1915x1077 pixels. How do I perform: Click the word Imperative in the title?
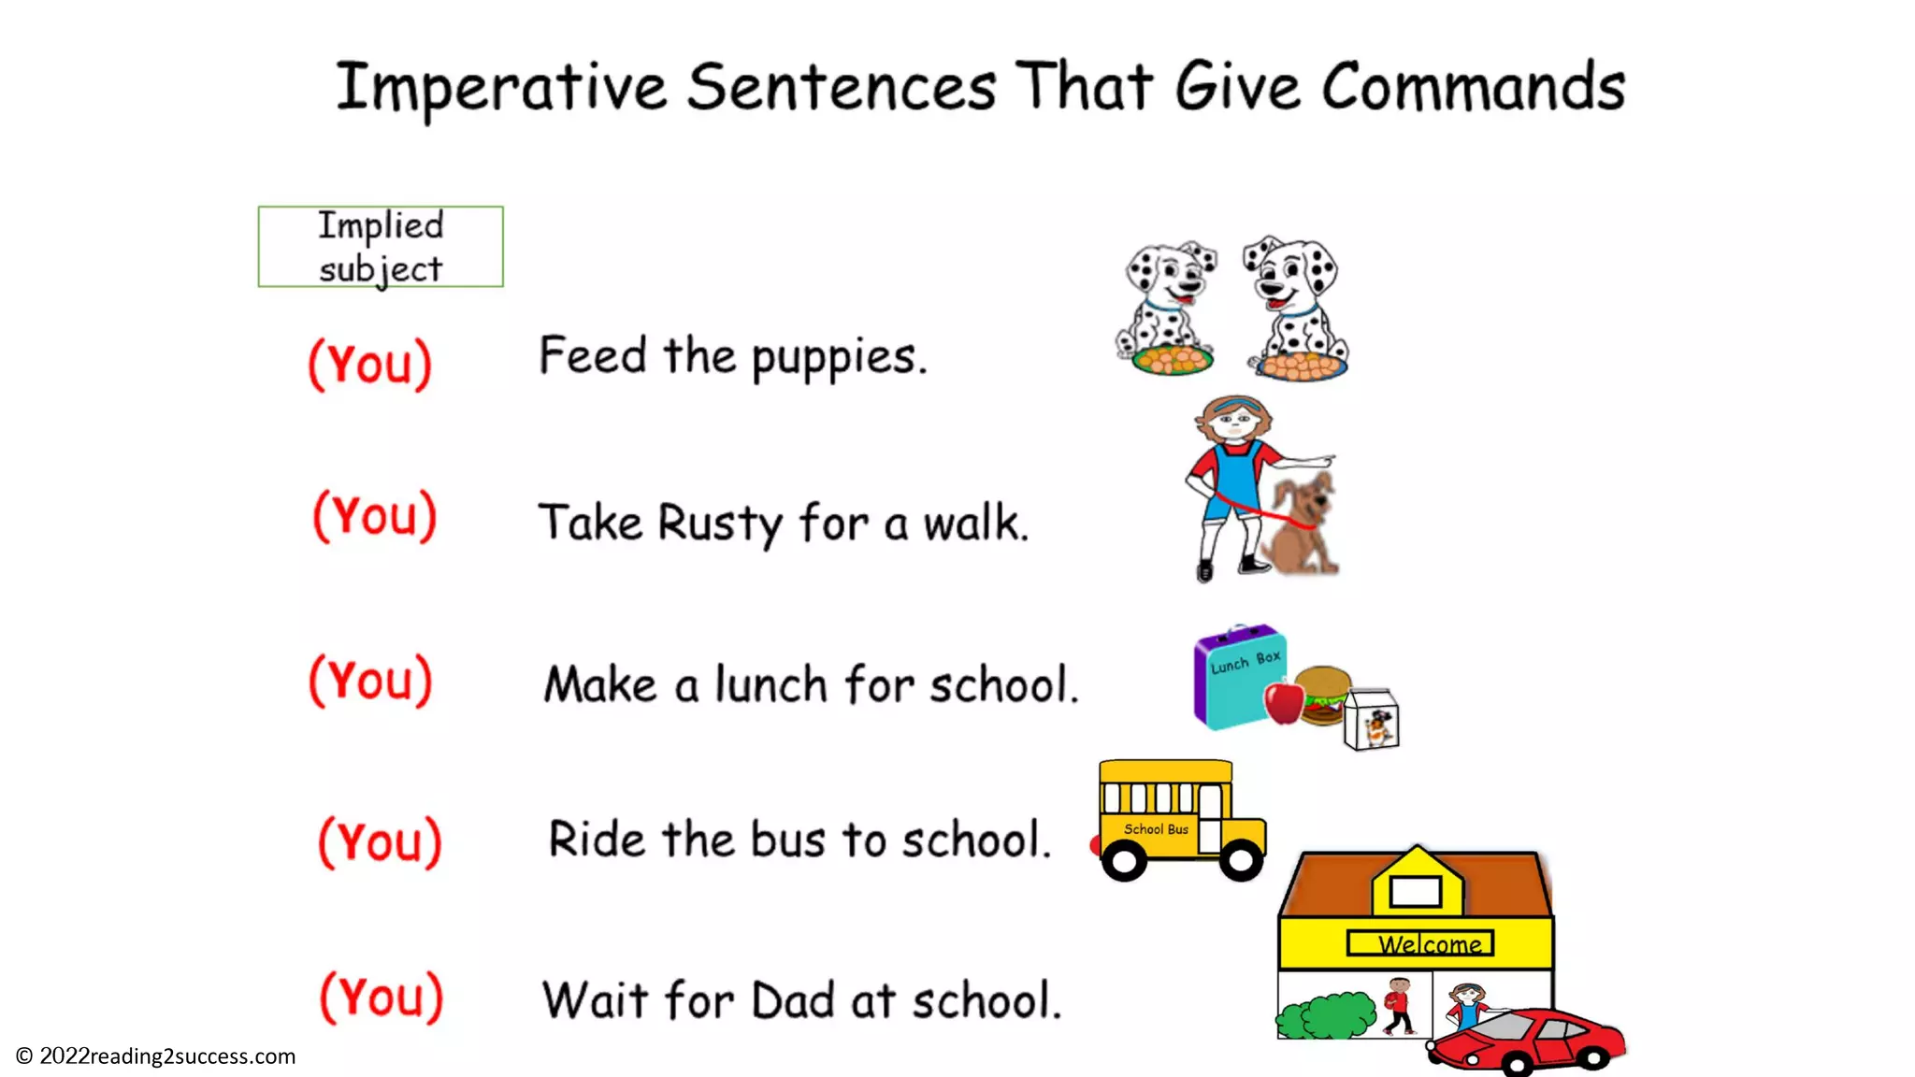[x=502, y=87]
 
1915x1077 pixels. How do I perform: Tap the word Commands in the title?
[x=1474, y=87]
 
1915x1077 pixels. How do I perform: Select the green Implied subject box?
[x=381, y=247]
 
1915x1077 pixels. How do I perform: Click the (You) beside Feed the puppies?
[x=370, y=364]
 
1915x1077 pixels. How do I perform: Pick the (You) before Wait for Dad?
[x=382, y=997]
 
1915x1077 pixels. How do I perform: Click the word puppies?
[x=839, y=358]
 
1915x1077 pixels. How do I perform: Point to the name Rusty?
[x=719, y=523]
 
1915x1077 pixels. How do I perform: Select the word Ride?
[x=596, y=839]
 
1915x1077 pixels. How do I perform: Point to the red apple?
[x=1284, y=702]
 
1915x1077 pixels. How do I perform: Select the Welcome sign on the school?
[x=1420, y=943]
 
